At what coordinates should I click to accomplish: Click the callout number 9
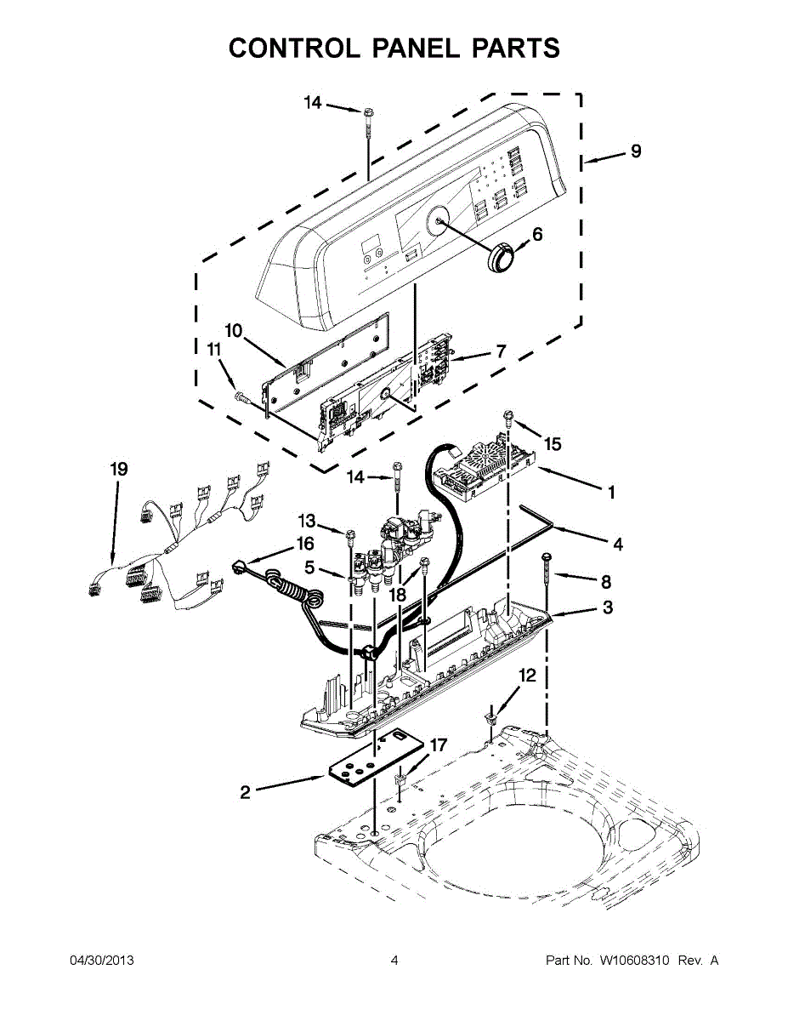pos(635,152)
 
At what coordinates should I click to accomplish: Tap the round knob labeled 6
pos(502,256)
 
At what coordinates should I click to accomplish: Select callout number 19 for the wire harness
pos(119,469)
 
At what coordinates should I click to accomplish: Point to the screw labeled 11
pos(242,396)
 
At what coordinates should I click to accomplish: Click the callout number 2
pos(245,792)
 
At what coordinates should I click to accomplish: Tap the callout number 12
pos(528,676)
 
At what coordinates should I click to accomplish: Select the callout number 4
pos(617,544)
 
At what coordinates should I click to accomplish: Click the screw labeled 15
pos(509,417)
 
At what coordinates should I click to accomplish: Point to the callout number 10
pos(234,329)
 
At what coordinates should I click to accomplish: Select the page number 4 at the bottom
pos(394,961)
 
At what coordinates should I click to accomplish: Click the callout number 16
pos(304,543)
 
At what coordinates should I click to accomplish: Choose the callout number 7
pos(500,351)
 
